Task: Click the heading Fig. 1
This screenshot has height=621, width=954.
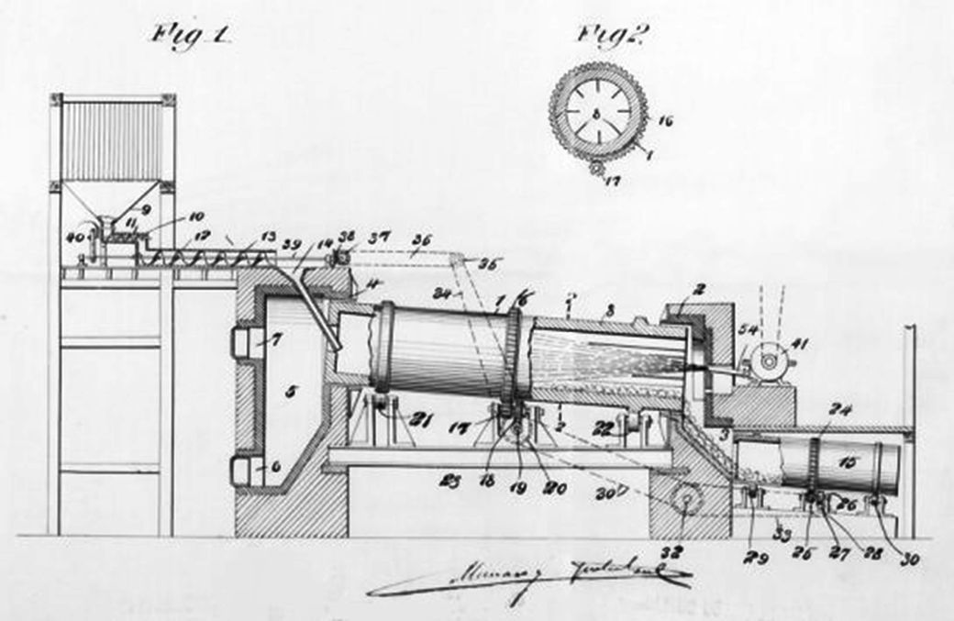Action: [x=192, y=38]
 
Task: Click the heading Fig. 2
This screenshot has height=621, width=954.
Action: [x=613, y=36]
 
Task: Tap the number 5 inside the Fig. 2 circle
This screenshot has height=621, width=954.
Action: [x=597, y=114]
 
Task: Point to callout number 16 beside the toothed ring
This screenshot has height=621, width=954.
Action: [x=667, y=118]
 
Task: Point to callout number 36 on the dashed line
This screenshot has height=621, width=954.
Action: [x=421, y=241]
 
